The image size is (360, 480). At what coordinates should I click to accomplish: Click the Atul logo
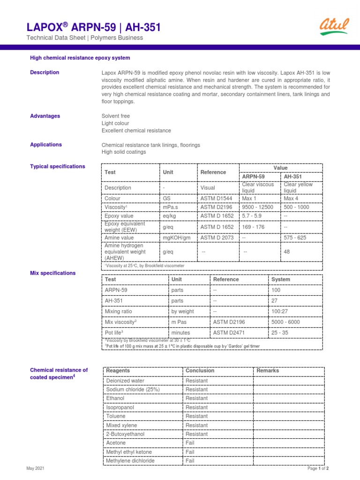click(334, 27)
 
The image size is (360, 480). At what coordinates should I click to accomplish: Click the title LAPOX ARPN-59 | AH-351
click(93, 28)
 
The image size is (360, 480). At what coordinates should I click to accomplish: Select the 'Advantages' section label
click(45, 116)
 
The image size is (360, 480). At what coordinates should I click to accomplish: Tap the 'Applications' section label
click(46, 145)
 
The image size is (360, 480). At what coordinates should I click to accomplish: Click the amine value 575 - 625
click(295, 238)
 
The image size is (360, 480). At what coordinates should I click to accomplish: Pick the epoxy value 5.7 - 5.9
click(254, 216)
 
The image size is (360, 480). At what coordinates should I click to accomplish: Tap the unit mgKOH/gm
click(177, 238)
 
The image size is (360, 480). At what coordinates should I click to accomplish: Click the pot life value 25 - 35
click(280, 333)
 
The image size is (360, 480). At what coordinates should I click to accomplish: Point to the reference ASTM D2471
click(229, 333)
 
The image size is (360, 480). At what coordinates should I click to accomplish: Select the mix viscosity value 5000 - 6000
click(285, 322)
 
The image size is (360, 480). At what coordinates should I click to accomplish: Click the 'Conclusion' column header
click(200, 371)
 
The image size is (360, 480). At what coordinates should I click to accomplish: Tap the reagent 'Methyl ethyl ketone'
click(129, 452)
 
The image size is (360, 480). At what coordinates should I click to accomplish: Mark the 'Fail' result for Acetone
click(190, 443)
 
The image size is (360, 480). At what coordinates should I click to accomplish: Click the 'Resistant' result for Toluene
click(196, 416)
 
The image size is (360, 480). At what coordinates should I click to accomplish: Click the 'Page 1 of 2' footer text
click(318, 469)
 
